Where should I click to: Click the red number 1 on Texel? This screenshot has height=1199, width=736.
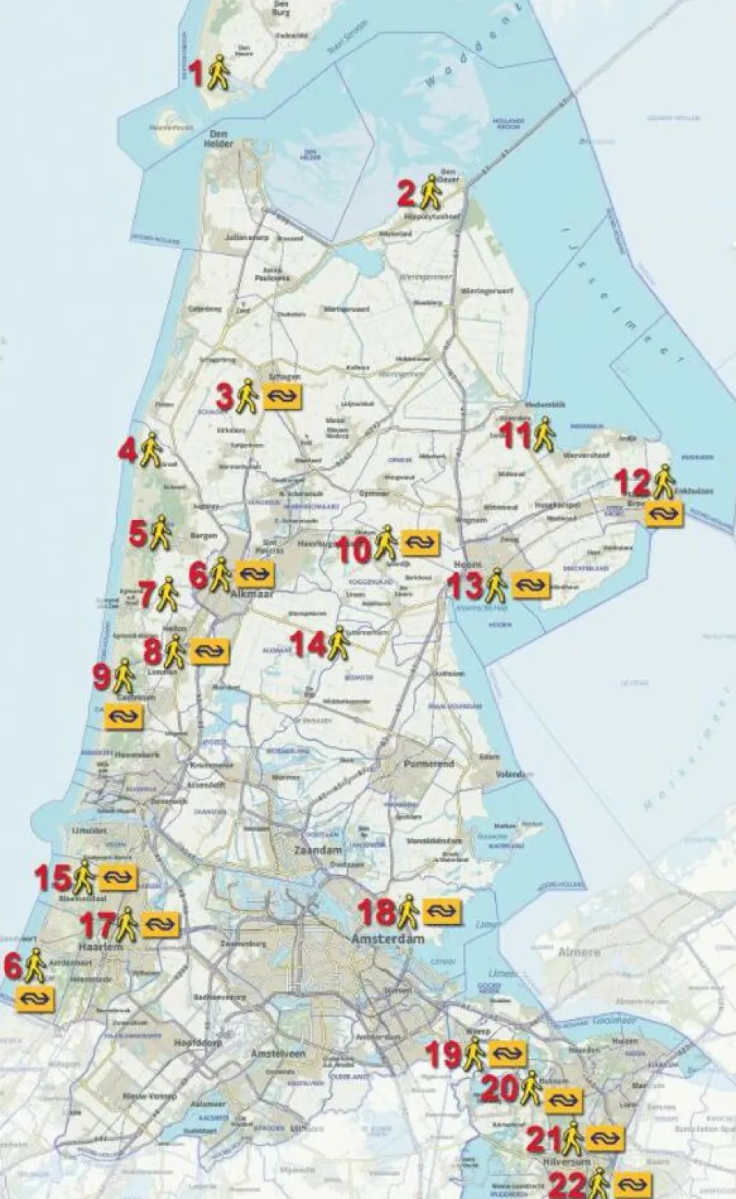(196, 74)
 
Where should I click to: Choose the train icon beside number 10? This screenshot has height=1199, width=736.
(420, 543)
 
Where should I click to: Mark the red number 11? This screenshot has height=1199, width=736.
(515, 435)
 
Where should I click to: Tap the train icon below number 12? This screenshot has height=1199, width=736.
(665, 513)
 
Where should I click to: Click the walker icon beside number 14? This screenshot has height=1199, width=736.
(338, 644)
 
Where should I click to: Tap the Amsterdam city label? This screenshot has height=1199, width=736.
(388, 939)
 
